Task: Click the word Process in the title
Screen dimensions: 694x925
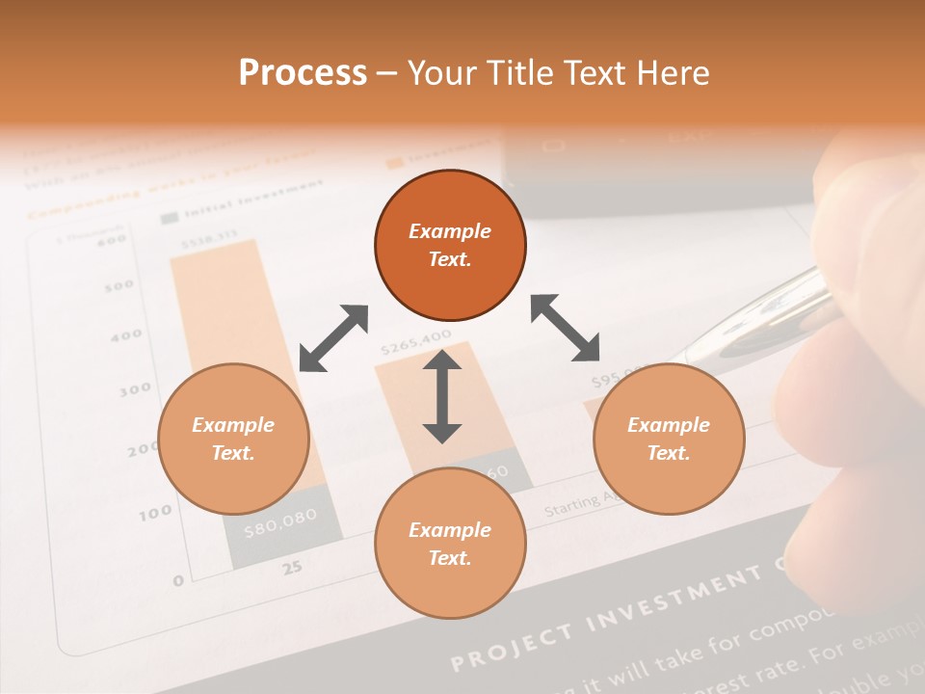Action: [x=303, y=73]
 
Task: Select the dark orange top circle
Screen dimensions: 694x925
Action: [x=450, y=246]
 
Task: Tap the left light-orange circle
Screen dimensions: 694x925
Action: [x=233, y=440]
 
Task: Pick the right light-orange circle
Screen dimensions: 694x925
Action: [x=669, y=440]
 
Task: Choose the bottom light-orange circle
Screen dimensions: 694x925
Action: [x=450, y=543]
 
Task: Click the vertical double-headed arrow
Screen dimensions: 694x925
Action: [x=442, y=396]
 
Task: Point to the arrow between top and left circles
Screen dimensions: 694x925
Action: [x=333, y=338]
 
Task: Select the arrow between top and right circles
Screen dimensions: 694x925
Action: [x=566, y=328]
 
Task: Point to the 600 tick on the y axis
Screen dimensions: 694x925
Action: [x=112, y=240]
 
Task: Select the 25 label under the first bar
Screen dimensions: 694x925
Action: [x=292, y=568]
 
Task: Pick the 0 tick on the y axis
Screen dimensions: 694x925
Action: [x=177, y=580]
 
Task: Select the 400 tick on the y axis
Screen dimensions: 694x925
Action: [x=126, y=336]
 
